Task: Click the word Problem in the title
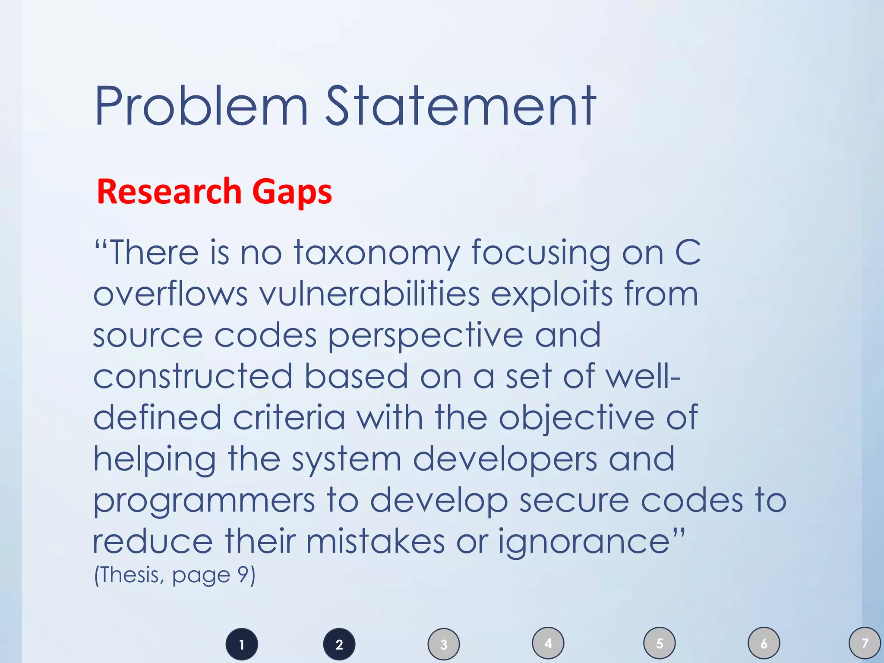coord(201,107)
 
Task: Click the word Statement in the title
coord(461,107)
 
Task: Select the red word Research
coord(169,191)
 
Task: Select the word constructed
coord(193,376)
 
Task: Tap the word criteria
coord(289,417)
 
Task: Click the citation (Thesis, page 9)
coord(175,575)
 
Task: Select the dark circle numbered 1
coord(242,644)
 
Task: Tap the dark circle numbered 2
coord(339,644)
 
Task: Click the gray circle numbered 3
coord(444,644)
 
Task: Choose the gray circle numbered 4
coord(548,644)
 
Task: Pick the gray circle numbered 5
coord(660,644)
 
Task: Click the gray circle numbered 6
coord(764,644)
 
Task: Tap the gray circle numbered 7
coord(865,644)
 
